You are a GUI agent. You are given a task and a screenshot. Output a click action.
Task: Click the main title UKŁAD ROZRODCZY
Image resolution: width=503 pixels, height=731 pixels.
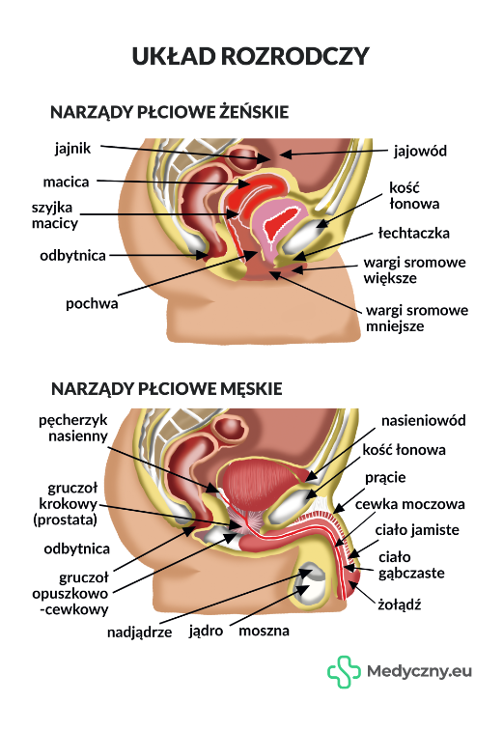pyautogui.click(x=250, y=56)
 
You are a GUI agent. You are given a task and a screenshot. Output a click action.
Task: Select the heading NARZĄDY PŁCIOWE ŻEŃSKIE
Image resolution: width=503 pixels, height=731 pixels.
pyautogui.click(x=169, y=112)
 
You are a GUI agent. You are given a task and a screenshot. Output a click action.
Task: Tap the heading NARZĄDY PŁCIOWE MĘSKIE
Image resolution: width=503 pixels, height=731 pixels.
pyautogui.click(x=166, y=388)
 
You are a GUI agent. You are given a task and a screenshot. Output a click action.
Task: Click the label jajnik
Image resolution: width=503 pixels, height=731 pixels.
pyautogui.click(x=72, y=149)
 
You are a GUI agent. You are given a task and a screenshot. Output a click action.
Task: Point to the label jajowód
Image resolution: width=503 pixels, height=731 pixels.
pyautogui.click(x=420, y=152)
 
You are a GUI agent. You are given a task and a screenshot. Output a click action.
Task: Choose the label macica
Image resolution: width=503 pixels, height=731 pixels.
pyautogui.click(x=66, y=182)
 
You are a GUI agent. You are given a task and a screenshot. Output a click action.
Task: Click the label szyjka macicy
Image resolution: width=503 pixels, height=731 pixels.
pyautogui.click(x=54, y=215)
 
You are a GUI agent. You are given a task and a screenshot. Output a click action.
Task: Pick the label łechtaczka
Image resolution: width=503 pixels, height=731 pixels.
pyautogui.click(x=414, y=233)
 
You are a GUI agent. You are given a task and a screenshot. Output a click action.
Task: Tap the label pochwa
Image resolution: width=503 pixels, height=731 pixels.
pyautogui.click(x=92, y=304)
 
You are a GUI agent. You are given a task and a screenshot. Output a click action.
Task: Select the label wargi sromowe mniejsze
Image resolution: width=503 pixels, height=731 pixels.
pyautogui.click(x=417, y=319)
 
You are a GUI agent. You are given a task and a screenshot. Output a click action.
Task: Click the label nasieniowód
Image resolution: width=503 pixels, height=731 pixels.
pyautogui.click(x=423, y=420)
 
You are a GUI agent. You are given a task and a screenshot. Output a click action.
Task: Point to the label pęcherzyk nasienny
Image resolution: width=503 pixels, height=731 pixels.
pyautogui.click(x=73, y=428)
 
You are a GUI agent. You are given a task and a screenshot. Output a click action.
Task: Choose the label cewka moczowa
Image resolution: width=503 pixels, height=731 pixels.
pyautogui.click(x=409, y=504)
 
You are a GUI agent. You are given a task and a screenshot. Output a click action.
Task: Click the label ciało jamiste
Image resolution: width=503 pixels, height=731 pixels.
pyautogui.click(x=417, y=530)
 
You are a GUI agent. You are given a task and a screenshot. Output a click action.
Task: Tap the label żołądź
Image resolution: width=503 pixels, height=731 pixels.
pyautogui.click(x=400, y=604)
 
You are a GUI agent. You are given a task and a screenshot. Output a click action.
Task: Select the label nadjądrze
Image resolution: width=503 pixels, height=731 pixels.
pyautogui.click(x=139, y=633)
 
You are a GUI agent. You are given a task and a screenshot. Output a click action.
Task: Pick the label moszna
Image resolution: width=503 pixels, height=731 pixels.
pyautogui.click(x=264, y=631)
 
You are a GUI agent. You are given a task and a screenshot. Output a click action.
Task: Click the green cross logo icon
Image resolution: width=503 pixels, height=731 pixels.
pyautogui.click(x=344, y=672)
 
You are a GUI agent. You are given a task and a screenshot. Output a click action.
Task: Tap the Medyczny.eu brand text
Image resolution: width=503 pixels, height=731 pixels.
pyautogui.click(x=419, y=672)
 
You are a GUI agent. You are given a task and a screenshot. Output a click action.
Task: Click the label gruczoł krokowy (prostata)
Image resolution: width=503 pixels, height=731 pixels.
pyautogui.click(x=66, y=504)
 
